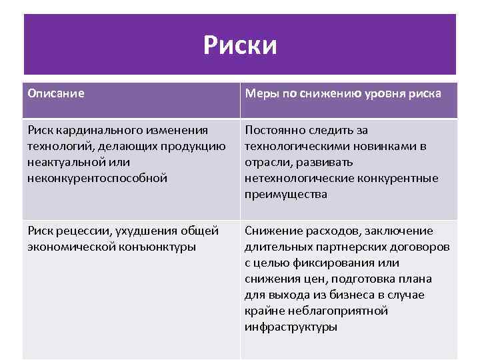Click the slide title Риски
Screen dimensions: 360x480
click(240, 46)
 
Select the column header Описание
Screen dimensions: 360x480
click(56, 93)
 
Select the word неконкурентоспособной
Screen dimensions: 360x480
click(97, 178)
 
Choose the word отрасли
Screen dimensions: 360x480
click(267, 162)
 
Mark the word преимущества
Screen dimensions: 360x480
click(286, 194)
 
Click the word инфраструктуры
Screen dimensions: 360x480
click(291, 327)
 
